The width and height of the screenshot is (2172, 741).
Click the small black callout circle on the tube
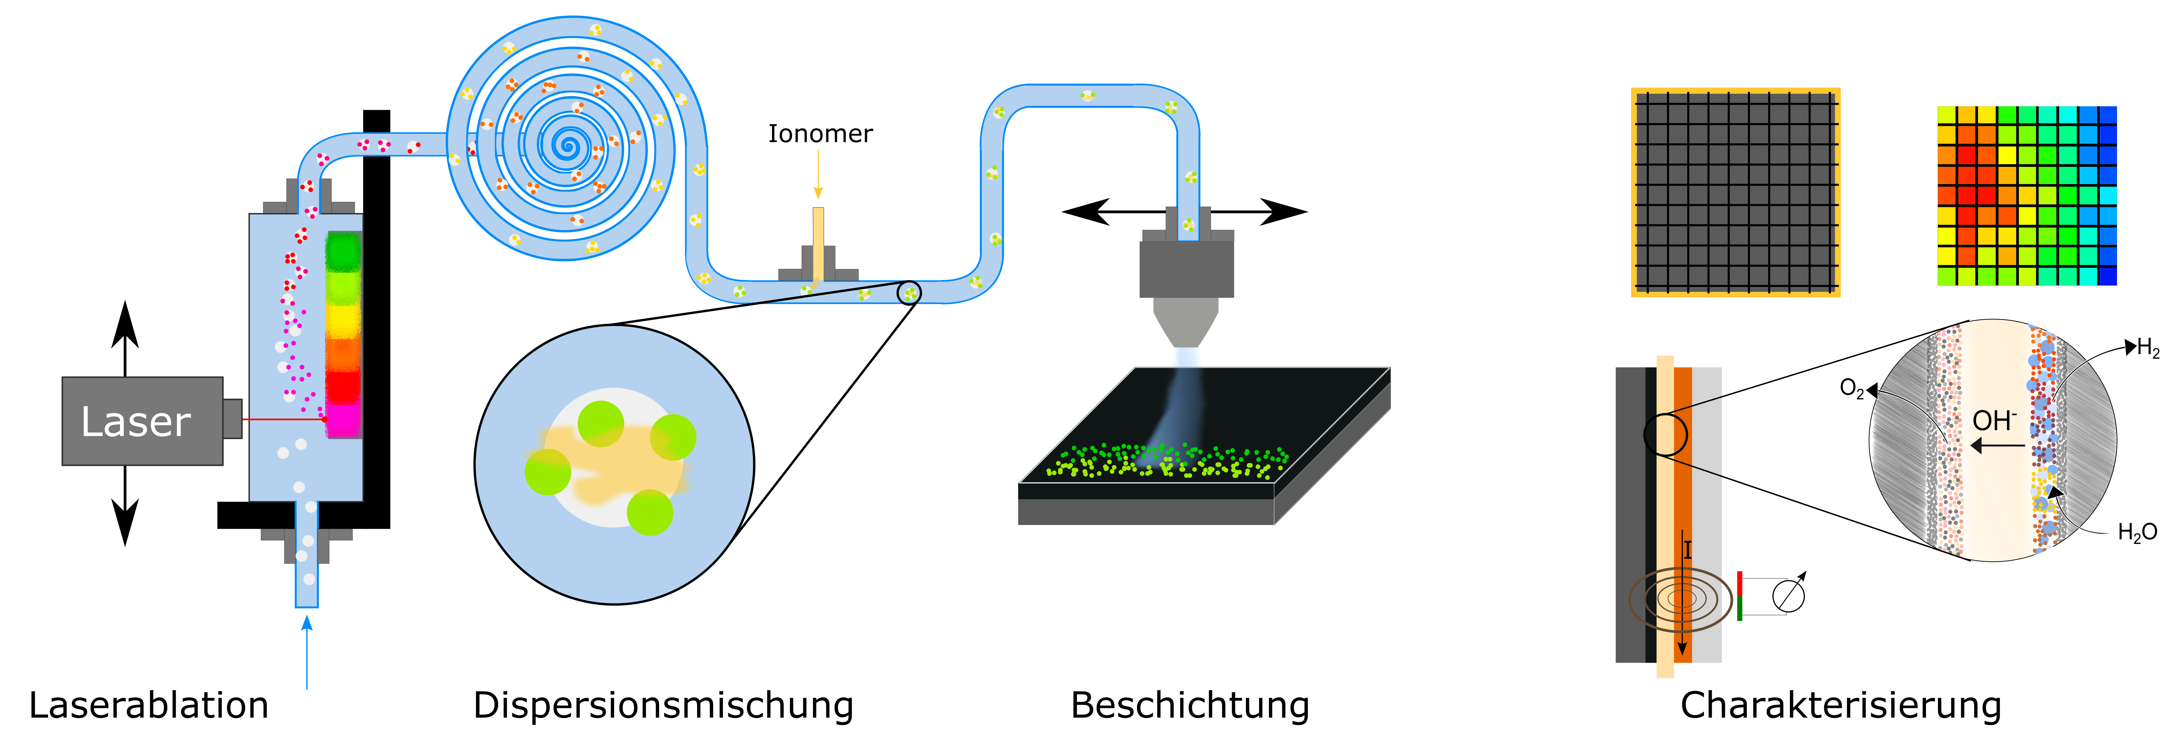(x=909, y=293)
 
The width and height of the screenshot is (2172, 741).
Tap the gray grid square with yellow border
(x=1735, y=192)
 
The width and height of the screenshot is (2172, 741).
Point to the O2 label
(x=1852, y=389)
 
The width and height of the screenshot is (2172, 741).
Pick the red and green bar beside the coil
(x=1739, y=596)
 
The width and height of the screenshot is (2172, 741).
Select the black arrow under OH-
(x=1998, y=445)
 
